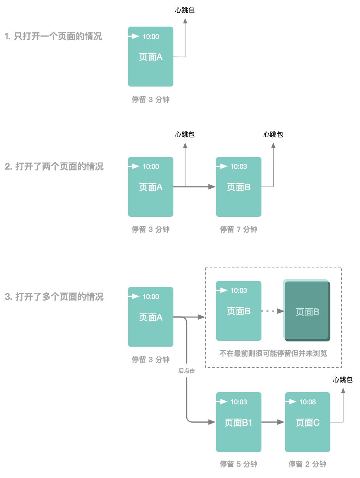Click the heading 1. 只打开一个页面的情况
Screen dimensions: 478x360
pos(53,37)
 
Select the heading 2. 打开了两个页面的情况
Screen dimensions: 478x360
pos(54,167)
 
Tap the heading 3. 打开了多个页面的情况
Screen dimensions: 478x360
pos(54,297)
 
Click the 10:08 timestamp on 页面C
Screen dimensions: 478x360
pos(307,402)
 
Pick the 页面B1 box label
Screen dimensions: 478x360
pos(238,423)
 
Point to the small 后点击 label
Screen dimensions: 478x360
pos(187,371)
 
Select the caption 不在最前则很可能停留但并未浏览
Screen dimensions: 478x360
pos(273,354)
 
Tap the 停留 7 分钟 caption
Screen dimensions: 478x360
pos(238,230)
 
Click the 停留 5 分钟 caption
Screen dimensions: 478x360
pos(238,464)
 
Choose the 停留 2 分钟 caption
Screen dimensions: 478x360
pos(307,464)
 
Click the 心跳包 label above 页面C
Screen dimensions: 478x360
pos(343,380)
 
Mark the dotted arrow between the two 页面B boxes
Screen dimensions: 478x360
pos(273,311)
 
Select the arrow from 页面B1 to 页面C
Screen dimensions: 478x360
pos(273,422)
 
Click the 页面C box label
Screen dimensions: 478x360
pos(307,423)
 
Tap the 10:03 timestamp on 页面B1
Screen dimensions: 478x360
pos(238,402)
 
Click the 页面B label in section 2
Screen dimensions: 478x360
pos(238,188)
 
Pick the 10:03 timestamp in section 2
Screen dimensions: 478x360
pos(238,166)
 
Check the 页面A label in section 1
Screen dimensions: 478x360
pos(150,57)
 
